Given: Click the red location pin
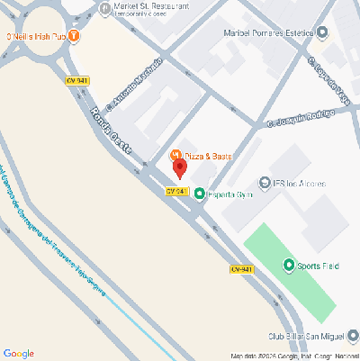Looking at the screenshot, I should pyautogui.click(x=179, y=167).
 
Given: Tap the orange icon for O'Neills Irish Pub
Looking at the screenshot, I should pyautogui.click(x=74, y=37).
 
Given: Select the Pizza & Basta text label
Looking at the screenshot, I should pyautogui.click(x=209, y=156).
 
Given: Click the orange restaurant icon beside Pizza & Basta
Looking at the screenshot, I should pyautogui.click(x=176, y=155).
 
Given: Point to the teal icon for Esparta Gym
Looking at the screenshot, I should pyautogui.click(x=199, y=193).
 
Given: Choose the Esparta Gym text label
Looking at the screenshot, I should pyautogui.click(x=229, y=194).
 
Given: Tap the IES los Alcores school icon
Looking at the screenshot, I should pyautogui.click(x=265, y=182).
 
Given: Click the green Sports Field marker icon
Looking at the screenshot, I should pyautogui.click(x=289, y=265).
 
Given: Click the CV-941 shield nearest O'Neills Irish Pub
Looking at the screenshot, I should pyautogui.click(x=76, y=80).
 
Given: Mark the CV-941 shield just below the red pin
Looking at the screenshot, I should pyautogui.click(x=177, y=191).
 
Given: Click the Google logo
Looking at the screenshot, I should pyautogui.click(x=18, y=353).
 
